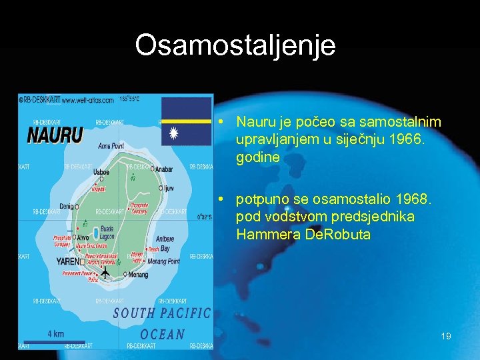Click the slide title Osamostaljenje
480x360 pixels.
pos(235,45)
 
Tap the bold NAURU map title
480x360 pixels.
pos(55,136)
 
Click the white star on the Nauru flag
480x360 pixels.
pos(174,134)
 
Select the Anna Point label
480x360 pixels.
pos(111,145)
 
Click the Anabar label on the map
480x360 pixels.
pos(163,169)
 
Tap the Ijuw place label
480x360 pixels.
pos(168,189)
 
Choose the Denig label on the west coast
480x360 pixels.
pos(67,207)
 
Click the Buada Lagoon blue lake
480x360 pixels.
pos(97,233)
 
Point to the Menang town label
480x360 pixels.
pos(139,274)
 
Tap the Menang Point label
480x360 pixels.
pos(164,261)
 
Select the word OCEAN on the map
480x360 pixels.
pos(162,333)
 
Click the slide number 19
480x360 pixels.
pos(446,337)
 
